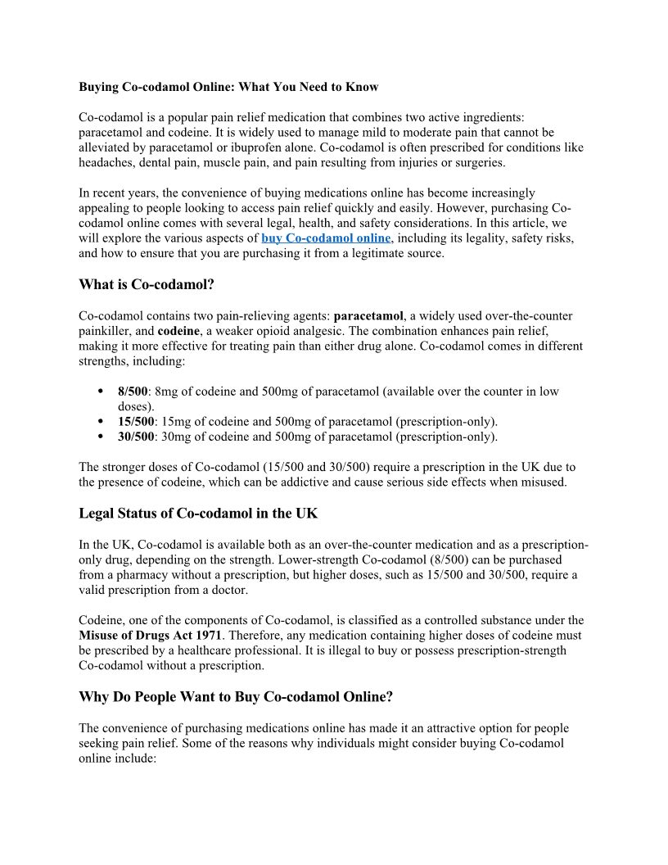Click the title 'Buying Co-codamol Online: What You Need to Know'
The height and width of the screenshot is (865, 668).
(x=228, y=86)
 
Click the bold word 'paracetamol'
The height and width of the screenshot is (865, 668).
(x=368, y=315)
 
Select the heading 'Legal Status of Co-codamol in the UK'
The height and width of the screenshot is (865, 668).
(x=198, y=514)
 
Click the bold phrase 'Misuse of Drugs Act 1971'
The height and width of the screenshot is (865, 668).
(x=150, y=636)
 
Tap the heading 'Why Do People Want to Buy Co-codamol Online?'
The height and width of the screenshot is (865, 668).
(x=236, y=697)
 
